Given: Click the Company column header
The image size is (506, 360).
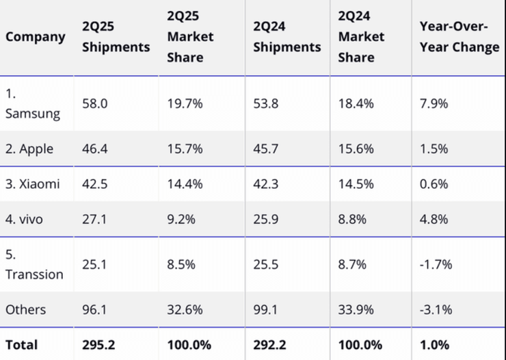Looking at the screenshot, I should click(x=36, y=37).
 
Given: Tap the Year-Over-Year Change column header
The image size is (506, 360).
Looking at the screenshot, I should click(x=460, y=37).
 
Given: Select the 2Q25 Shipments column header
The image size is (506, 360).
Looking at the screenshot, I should click(x=116, y=37).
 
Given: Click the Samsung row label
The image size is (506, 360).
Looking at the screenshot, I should click(x=33, y=104).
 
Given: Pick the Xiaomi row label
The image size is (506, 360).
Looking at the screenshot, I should click(x=32, y=184).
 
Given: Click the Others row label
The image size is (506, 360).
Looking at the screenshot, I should click(x=26, y=309).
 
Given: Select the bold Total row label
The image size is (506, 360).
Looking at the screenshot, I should click(x=22, y=344).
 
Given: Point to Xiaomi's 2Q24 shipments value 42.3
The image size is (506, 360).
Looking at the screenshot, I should click(x=266, y=184).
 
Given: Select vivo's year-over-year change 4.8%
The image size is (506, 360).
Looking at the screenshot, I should click(x=434, y=220).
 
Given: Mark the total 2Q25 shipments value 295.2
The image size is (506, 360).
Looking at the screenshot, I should click(x=98, y=344).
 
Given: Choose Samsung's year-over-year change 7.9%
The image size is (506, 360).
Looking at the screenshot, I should click(x=434, y=104).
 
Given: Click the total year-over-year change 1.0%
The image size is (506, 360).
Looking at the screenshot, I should click(x=434, y=344).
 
